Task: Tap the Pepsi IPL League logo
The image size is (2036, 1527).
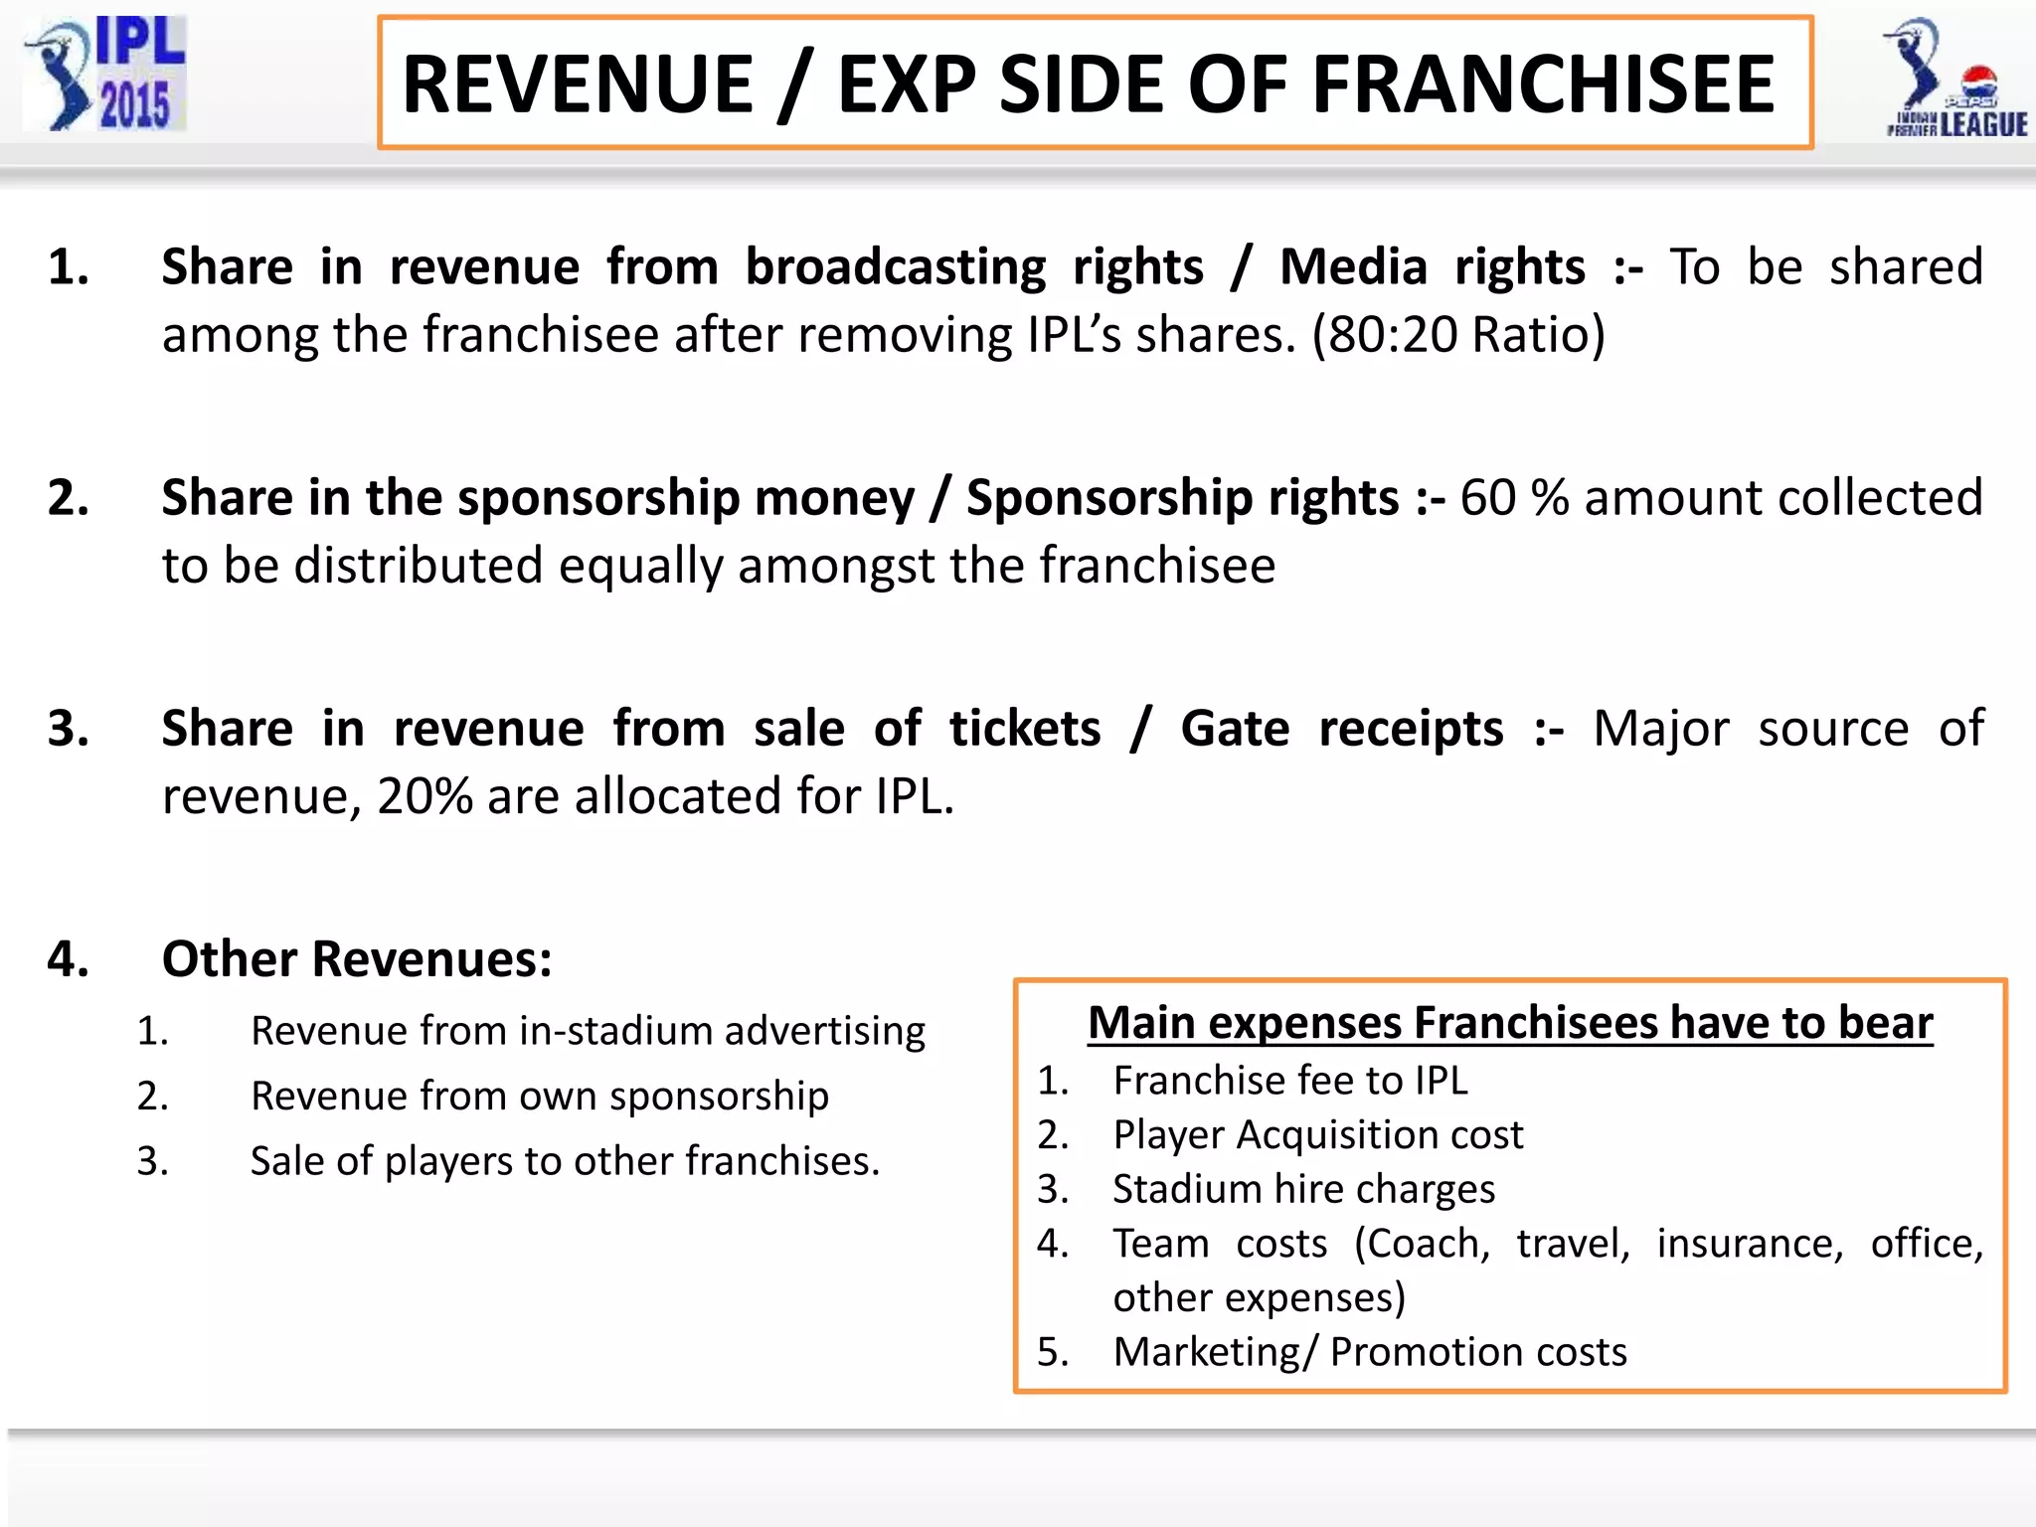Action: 1954,80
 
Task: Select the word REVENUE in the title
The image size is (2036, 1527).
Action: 578,85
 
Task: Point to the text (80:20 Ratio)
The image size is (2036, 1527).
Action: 1458,335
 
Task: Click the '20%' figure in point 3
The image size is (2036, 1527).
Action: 424,796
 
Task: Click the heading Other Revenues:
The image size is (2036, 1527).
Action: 357,959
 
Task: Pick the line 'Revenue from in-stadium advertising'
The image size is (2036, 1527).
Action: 588,1031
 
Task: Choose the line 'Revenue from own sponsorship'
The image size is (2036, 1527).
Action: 540,1097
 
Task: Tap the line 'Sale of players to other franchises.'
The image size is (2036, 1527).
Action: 565,1161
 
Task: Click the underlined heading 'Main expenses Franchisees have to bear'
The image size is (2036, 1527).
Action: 1510,1023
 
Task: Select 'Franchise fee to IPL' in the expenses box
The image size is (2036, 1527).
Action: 1289,1081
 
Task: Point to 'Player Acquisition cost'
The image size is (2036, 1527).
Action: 1317,1135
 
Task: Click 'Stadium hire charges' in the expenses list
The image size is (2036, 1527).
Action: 1303,1190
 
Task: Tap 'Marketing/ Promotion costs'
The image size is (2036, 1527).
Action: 1369,1352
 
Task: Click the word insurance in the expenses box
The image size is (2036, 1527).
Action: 1750,1244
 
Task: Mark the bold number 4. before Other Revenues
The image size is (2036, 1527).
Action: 68,959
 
